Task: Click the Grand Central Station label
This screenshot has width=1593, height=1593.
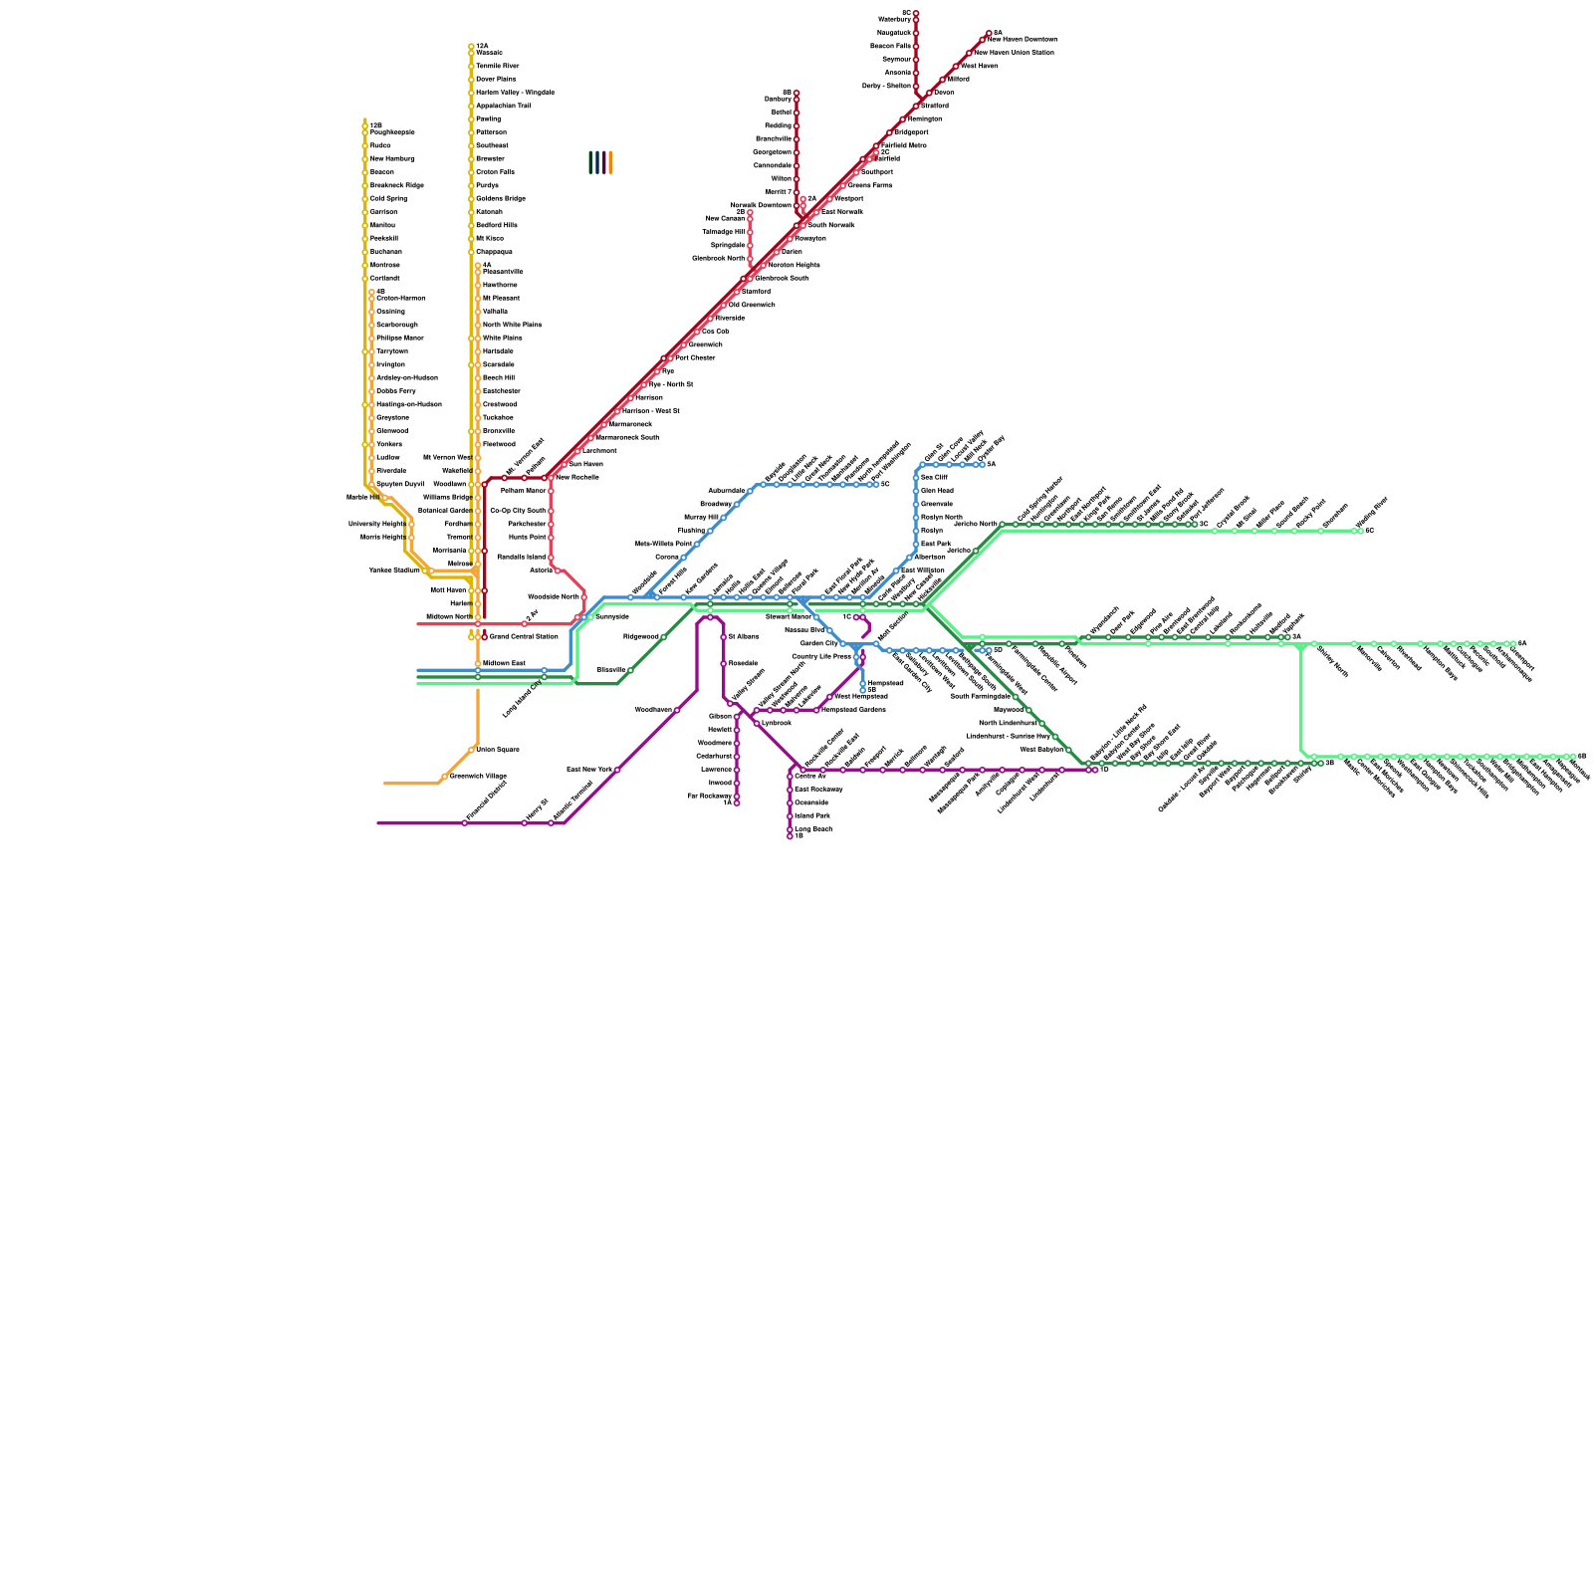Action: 524,636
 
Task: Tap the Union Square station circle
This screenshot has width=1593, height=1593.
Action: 472,750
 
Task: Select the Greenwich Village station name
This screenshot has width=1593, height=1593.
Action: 478,776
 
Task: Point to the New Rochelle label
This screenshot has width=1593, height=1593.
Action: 576,477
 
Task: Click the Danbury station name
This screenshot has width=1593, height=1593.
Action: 778,100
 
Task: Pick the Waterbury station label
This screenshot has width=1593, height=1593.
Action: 894,19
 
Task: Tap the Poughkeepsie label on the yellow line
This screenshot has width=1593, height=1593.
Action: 392,132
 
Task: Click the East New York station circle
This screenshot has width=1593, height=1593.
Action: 617,770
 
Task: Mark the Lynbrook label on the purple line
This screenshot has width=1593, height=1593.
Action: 776,723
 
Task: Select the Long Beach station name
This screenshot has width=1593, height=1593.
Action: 812,828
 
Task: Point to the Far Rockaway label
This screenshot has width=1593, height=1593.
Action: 710,796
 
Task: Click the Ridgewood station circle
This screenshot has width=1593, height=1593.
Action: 664,637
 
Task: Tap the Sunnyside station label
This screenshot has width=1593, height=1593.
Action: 611,616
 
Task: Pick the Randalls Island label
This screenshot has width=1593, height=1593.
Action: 521,557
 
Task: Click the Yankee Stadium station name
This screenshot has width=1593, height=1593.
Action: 394,570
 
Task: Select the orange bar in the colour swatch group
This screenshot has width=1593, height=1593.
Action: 610,162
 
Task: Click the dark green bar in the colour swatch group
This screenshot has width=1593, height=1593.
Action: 590,162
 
